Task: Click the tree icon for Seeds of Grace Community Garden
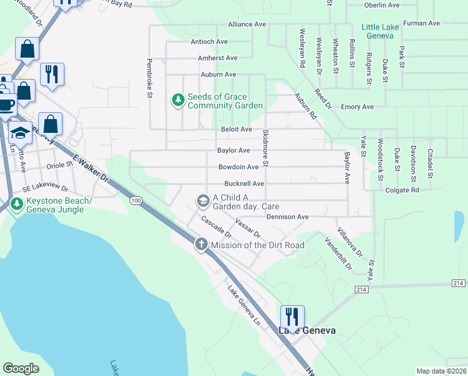178,100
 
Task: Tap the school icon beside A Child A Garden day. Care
203,201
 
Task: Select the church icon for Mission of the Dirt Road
201,244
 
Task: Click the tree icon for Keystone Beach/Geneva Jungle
16,204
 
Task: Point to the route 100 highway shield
136,200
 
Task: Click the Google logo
21,368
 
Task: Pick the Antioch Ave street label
209,41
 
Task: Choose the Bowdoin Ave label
238,167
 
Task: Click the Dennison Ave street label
288,217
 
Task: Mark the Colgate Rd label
402,190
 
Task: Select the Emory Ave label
357,107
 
